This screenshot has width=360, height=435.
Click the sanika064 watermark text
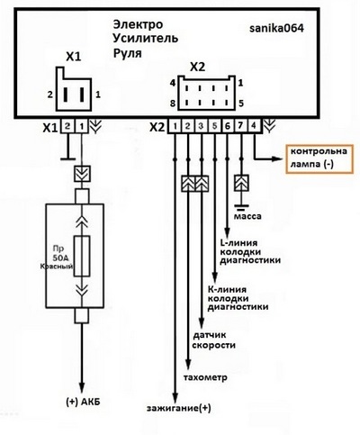pos(276,28)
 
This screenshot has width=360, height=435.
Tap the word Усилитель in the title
pos(146,39)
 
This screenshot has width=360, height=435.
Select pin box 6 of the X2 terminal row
pos(228,126)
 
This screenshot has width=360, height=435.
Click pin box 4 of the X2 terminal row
pos(254,126)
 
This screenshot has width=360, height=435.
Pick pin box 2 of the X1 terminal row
pos(67,126)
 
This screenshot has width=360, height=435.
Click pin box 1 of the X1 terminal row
pos(81,126)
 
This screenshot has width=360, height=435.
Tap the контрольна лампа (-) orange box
pos(319,159)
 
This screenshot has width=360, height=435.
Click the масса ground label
pos(247,216)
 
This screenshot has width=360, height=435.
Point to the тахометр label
pos(205,377)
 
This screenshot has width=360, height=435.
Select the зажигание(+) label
pos(179,409)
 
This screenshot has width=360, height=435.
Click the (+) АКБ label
pos(83,402)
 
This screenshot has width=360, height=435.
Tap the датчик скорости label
pos(213,340)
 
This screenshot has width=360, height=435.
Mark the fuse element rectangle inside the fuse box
pos(82,256)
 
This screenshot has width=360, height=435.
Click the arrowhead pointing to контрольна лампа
pos(276,159)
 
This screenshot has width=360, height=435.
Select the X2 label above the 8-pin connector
pos(198,68)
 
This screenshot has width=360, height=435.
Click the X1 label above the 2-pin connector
pos(74,57)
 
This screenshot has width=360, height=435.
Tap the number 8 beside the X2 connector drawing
pos(173,104)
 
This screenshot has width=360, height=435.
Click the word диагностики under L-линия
pos(250,260)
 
